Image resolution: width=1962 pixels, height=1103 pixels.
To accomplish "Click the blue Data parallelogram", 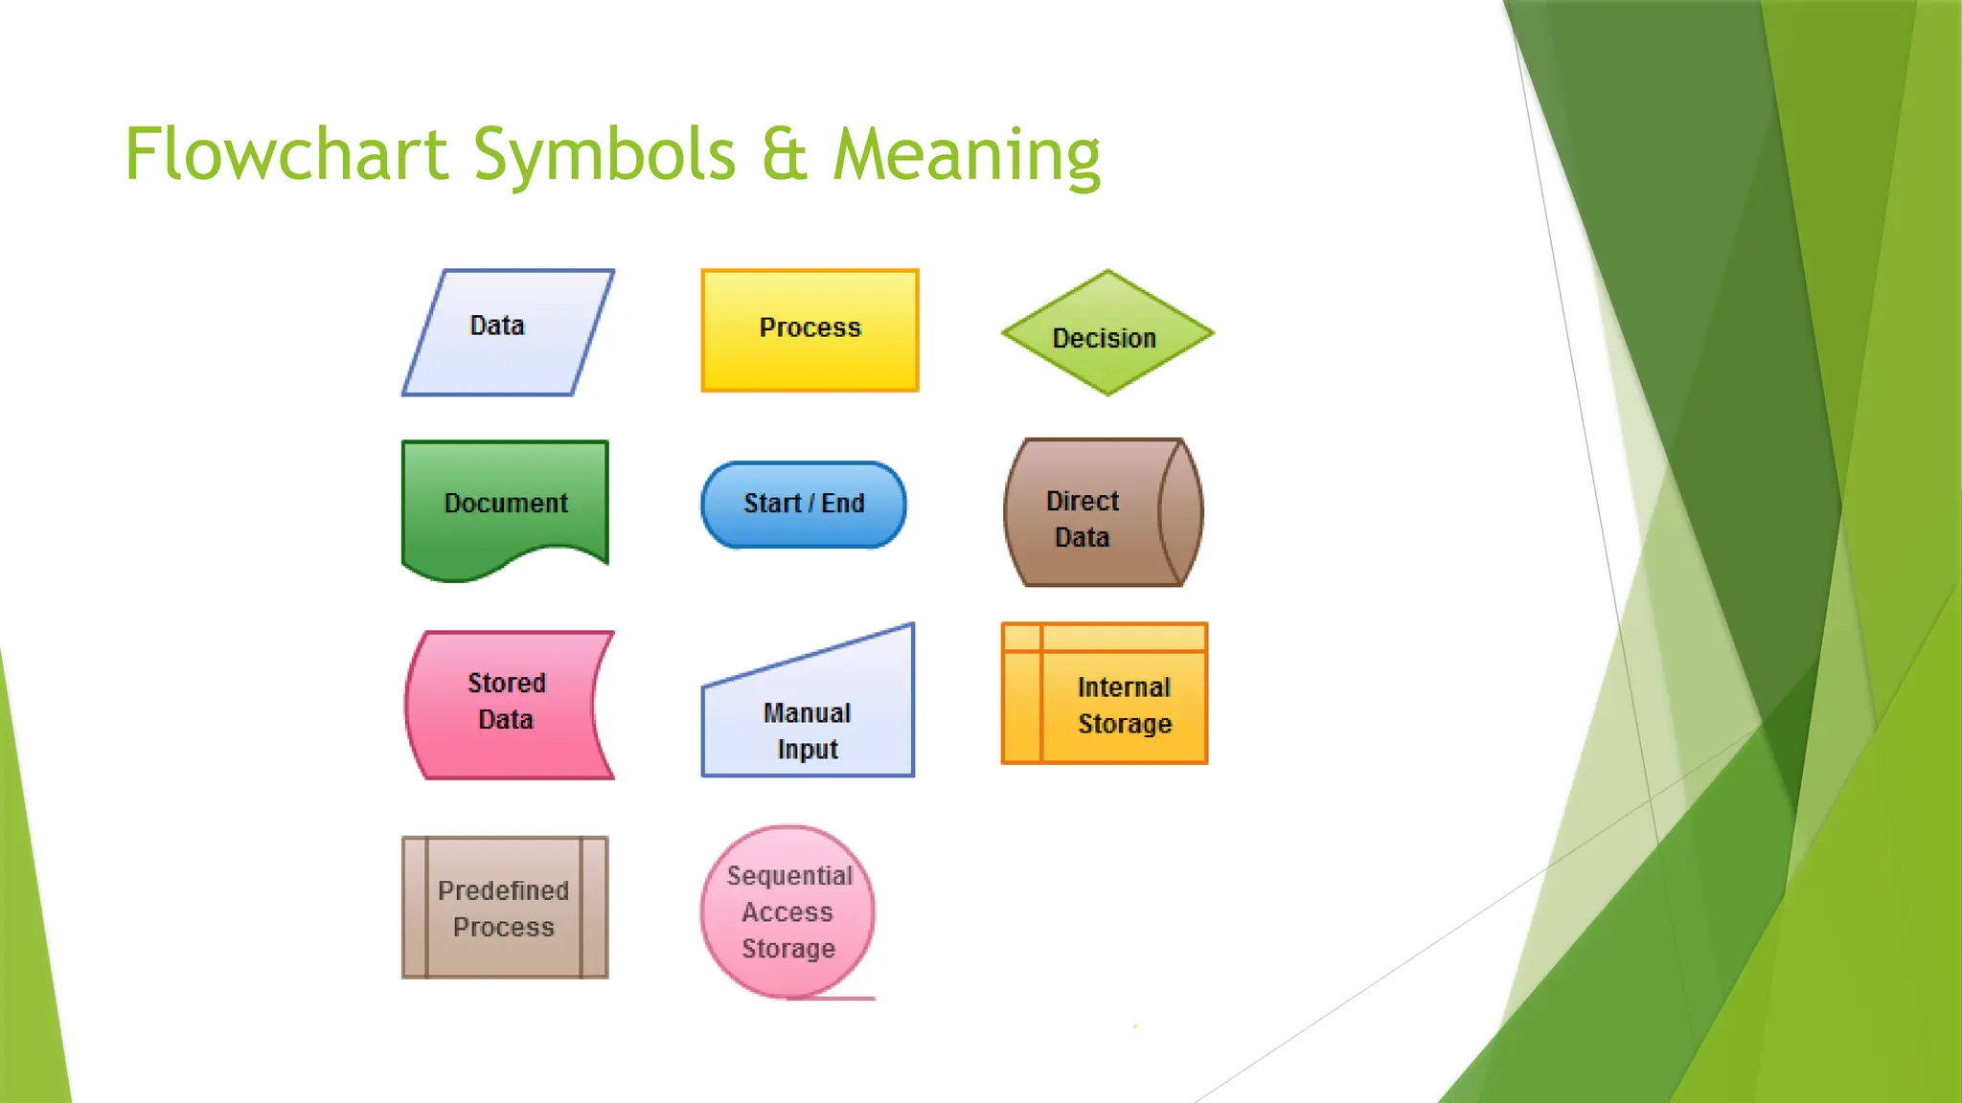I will tap(508, 332).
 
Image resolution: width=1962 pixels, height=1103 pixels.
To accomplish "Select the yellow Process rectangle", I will tap(810, 330).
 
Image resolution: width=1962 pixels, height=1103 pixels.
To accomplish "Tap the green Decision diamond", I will tap(1107, 333).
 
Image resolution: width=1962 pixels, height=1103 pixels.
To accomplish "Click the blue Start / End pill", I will tap(804, 505).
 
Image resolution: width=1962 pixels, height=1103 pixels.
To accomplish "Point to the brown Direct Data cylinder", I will tap(1102, 513).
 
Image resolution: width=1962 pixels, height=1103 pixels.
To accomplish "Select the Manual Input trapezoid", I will tap(808, 718).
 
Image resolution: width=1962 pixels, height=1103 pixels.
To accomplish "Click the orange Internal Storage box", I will tap(1105, 693).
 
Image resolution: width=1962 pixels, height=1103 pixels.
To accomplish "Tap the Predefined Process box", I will tap(505, 908).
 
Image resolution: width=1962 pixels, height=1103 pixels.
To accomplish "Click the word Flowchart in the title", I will tap(286, 154).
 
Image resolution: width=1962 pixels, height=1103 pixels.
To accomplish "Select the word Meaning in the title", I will tap(967, 156).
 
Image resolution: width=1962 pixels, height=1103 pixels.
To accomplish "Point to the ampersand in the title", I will tap(785, 156).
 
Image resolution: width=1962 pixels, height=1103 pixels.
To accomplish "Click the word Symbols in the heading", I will tap(605, 156).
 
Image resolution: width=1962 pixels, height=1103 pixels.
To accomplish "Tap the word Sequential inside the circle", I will tap(789, 876).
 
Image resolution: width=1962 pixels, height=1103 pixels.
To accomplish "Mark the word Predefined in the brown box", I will tap(503, 890).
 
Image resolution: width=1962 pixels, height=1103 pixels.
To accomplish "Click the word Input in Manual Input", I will tap(808, 750).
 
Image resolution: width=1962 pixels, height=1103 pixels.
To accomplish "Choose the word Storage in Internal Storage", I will tap(1125, 724).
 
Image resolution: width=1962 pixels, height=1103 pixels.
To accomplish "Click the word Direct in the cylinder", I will tap(1083, 501).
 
